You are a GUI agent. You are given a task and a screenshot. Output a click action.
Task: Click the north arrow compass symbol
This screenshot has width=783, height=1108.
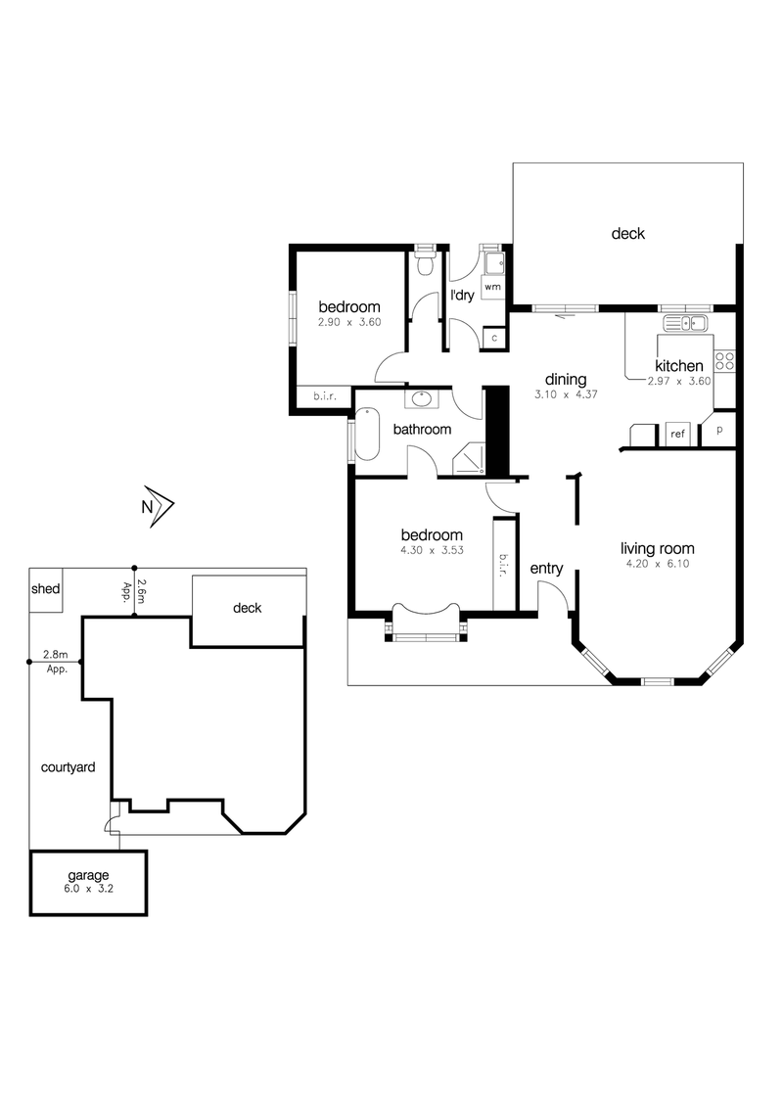[159, 506]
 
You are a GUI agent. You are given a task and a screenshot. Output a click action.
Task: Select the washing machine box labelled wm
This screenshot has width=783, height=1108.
[492, 287]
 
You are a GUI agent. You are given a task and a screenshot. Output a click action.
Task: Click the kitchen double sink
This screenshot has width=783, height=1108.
[685, 324]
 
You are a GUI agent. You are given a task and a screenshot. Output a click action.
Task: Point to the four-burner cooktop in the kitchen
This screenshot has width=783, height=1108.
[724, 361]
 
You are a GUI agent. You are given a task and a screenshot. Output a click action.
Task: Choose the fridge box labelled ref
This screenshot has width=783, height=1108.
[677, 434]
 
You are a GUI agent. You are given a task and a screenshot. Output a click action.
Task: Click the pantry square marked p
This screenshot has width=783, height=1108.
[719, 430]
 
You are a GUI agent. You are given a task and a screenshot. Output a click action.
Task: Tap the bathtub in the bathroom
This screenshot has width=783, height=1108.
[367, 434]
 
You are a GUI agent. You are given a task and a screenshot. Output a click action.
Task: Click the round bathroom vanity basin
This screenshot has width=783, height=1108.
[422, 399]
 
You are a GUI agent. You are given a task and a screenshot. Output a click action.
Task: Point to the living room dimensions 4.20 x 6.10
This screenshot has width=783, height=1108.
[657, 564]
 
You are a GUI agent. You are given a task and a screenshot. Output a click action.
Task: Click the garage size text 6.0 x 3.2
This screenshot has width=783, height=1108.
[88, 889]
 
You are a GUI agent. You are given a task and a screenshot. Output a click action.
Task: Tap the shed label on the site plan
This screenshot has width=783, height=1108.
[45, 588]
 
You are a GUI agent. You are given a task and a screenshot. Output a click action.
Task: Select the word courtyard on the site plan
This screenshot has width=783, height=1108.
[68, 767]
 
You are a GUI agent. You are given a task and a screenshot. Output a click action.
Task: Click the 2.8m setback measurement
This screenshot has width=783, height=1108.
[55, 655]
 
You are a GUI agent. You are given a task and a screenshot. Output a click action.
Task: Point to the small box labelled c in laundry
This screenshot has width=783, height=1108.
[494, 338]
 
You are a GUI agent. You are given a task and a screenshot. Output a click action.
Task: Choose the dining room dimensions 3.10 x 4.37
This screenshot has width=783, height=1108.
[566, 395]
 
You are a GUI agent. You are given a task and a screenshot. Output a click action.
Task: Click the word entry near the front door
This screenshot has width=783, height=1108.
[546, 569]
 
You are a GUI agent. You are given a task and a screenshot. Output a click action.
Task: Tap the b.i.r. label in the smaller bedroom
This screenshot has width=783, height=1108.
[325, 396]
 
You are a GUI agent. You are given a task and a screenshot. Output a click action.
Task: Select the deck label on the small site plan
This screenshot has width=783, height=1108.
[248, 608]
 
